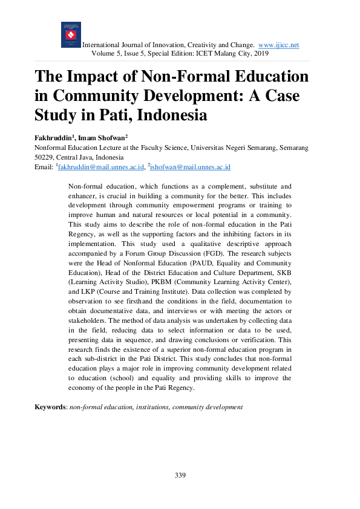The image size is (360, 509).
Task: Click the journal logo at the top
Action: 71,34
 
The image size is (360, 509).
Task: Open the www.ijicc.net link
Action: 278,45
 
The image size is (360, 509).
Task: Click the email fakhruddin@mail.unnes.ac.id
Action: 100,166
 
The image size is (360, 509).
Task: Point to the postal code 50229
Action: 45,157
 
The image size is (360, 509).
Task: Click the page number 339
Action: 180,475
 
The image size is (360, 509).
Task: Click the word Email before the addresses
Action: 44,166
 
